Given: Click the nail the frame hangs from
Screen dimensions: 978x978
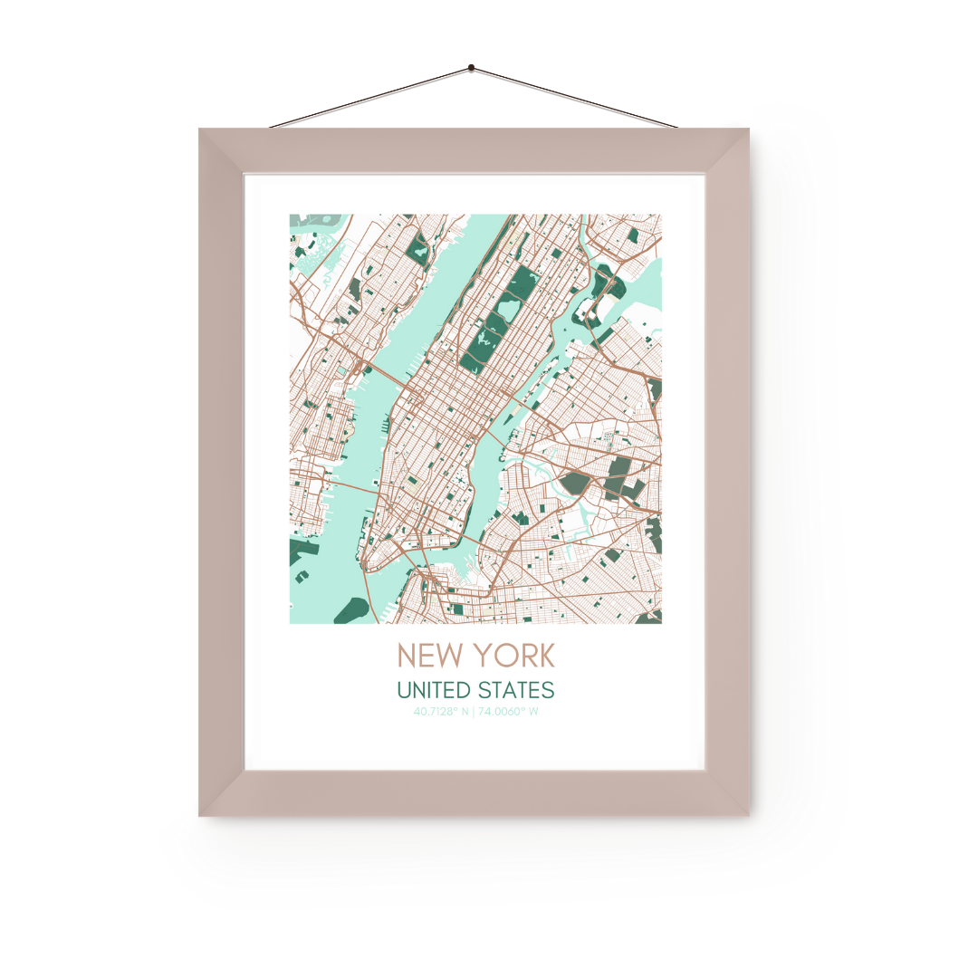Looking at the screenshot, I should (471, 68).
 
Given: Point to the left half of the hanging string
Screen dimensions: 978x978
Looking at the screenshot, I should (371, 97).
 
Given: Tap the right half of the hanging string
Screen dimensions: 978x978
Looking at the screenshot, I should (574, 98).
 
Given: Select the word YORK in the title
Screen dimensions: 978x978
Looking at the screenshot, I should (517, 655).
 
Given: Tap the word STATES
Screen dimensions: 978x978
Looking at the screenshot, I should (520, 690).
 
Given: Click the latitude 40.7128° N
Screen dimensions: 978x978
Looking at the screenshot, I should (441, 712).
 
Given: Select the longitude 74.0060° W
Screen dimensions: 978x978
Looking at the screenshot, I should (509, 712).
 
